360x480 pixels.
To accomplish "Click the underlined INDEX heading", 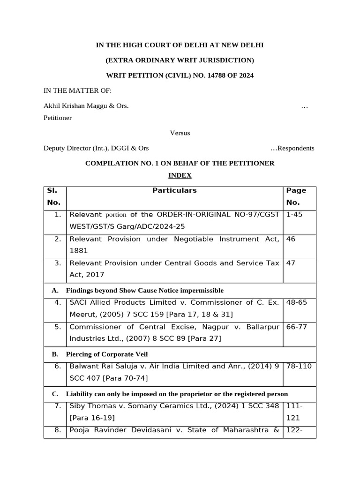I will pyautogui.click(x=180, y=175).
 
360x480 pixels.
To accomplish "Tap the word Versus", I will pyautogui.click(x=180, y=133).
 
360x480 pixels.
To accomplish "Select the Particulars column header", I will pyautogui.click(x=174, y=190).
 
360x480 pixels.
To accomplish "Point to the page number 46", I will pyautogui.click(x=291, y=239).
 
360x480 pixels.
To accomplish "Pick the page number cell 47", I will pyautogui.click(x=291, y=263).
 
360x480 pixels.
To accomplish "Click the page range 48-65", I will pyautogui.click(x=296, y=302).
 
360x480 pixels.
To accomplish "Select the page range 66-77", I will pyautogui.click(x=296, y=327).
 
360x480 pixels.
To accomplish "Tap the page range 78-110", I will pyautogui.click(x=299, y=366).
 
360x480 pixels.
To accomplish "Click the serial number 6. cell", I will pyautogui.click(x=58, y=366).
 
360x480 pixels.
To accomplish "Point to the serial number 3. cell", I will pyautogui.click(x=58, y=263).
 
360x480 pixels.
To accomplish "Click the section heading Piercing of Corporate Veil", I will pyautogui.click(x=107, y=354).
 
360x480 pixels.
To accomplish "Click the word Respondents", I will pyautogui.click(x=296, y=148).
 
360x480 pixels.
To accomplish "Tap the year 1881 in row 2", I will pyautogui.click(x=79, y=251).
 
